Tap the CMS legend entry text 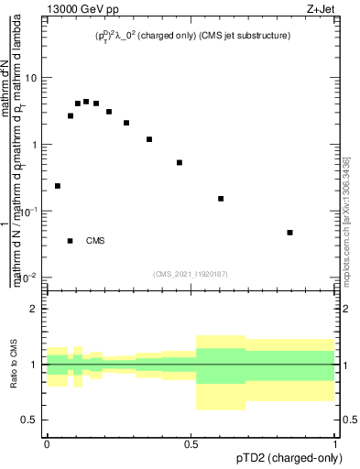pyautogui.click(x=95, y=241)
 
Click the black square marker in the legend pyautogui.click(x=71, y=241)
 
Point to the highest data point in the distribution pyautogui.click(x=86, y=102)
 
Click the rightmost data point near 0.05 pyautogui.click(x=289, y=233)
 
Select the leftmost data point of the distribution pyautogui.click(x=58, y=186)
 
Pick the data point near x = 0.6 pyautogui.click(x=221, y=199)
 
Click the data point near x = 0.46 pyautogui.click(x=180, y=163)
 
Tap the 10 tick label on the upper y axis pyautogui.click(x=31, y=78)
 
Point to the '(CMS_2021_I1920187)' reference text pyautogui.click(x=191, y=274)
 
